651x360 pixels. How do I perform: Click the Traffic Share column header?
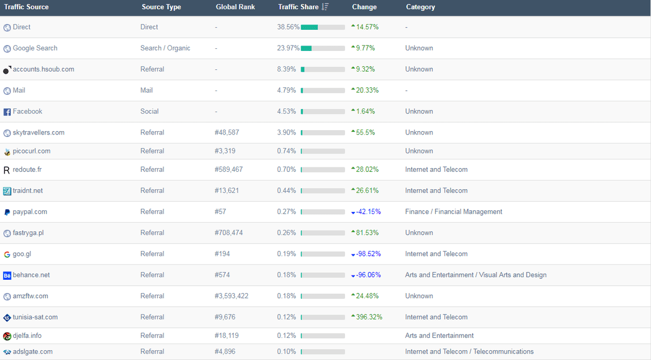pos(298,7)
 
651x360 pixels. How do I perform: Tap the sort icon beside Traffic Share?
pos(325,7)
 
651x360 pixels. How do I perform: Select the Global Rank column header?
pos(235,7)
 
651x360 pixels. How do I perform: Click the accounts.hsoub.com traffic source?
pos(43,69)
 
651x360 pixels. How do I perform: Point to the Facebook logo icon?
pos(7,112)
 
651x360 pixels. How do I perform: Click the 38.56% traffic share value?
pos(288,27)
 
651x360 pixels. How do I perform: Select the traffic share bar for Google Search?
pos(323,48)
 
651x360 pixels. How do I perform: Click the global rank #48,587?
pos(231,133)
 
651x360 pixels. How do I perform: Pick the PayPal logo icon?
pos(7,213)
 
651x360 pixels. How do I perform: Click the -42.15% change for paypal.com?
pos(368,212)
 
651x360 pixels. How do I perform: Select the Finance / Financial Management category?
pos(454,212)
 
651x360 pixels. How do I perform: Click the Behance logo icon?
pos(7,275)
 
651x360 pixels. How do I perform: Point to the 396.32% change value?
pos(369,317)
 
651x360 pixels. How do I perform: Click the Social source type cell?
pos(149,112)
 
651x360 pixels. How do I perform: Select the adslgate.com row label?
pos(33,352)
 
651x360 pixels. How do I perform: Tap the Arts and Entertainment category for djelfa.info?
pos(439,336)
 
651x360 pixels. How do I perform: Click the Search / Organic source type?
pos(165,48)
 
